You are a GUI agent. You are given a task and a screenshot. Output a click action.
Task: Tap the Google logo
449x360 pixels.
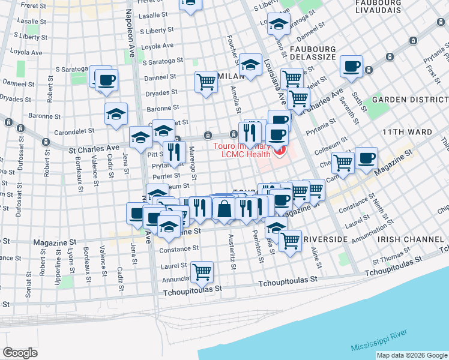20,353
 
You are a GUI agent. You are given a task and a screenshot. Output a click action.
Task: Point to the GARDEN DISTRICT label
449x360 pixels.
410,99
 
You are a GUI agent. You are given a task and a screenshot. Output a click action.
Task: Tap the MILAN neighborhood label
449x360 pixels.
231,76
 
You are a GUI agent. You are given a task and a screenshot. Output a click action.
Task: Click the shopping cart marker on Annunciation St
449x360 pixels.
202,272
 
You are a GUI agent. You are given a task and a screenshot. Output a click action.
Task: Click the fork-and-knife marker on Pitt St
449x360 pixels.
174,152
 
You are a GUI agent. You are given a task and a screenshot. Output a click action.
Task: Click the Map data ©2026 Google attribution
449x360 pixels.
411,355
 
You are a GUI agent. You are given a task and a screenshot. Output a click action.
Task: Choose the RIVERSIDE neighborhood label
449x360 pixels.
325,239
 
